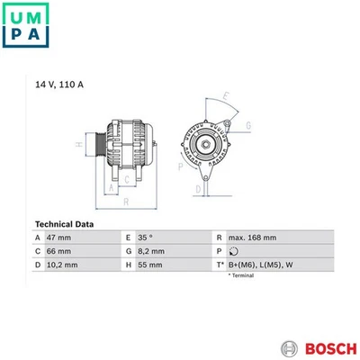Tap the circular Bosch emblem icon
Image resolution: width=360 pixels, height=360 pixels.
(x=288, y=347)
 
